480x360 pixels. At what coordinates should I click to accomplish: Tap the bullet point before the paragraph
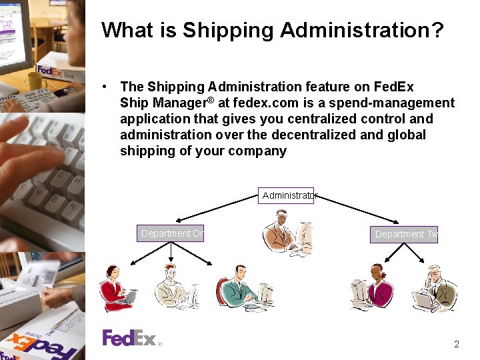[x=105, y=87]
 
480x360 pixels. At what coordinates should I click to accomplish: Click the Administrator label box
[x=286, y=195]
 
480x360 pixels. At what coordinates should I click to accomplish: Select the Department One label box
[x=171, y=233]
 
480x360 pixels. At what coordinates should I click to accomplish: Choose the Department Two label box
[x=404, y=234]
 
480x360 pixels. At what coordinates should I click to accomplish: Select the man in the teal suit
[x=243, y=289]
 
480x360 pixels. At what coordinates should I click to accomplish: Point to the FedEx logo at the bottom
[x=129, y=338]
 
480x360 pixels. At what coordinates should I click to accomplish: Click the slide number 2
[x=457, y=345]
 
